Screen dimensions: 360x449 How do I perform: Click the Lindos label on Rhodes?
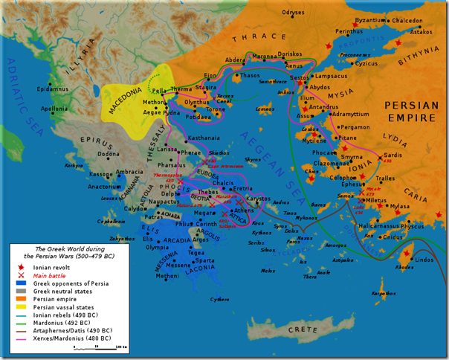tap(424, 259)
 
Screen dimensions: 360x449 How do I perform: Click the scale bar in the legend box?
tap(112, 347)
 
